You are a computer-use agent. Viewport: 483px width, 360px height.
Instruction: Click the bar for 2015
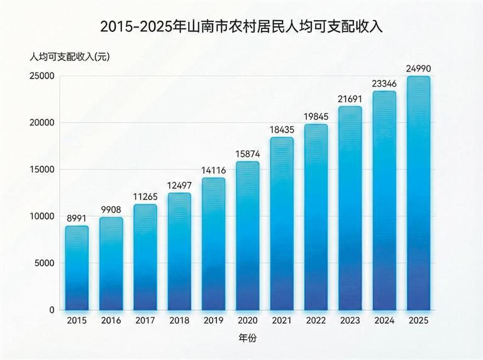(77, 268)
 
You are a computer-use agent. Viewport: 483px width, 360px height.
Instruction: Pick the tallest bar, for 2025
(418, 193)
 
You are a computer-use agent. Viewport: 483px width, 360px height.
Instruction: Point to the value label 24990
(418, 68)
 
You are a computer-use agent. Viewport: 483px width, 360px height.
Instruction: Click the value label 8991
(77, 217)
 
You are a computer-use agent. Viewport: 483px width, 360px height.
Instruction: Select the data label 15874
(247, 153)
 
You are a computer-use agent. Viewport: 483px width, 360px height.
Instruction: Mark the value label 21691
(350, 98)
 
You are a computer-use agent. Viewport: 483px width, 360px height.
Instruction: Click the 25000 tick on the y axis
(43, 76)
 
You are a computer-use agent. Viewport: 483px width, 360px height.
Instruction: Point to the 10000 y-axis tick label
(43, 216)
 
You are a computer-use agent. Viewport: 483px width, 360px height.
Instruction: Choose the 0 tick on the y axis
(52, 310)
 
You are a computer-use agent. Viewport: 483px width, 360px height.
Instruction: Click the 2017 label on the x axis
(145, 320)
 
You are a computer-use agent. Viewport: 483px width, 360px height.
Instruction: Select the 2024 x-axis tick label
(384, 320)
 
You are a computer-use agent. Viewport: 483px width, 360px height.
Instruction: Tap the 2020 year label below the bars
(247, 320)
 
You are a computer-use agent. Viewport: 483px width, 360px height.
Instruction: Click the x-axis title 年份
(247, 338)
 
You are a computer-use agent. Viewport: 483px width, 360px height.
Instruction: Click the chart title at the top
(241, 27)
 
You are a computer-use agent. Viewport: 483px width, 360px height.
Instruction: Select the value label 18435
(282, 129)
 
